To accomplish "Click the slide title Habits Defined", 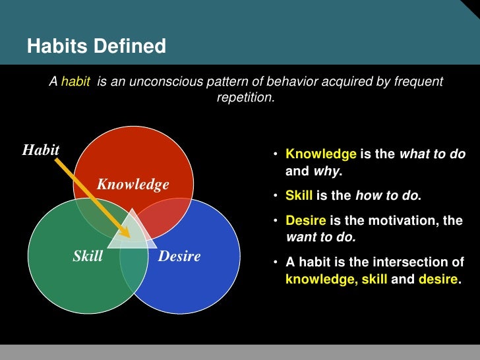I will pyautogui.click(x=96, y=47).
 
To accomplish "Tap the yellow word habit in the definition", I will pyautogui.click(x=76, y=82).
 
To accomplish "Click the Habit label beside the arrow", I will pyautogui.click(x=41, y=150).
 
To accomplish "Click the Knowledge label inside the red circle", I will pyautogui.click(x=133, y=185).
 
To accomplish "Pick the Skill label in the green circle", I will pyautogui.click(x=88, y=256).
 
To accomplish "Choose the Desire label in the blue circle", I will pyautogui.click(x=179, y=256).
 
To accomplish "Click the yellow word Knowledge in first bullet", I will pyautogui.click(x=320, y=154).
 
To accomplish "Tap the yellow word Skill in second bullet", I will pyautogui.click(x=299, y=196).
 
